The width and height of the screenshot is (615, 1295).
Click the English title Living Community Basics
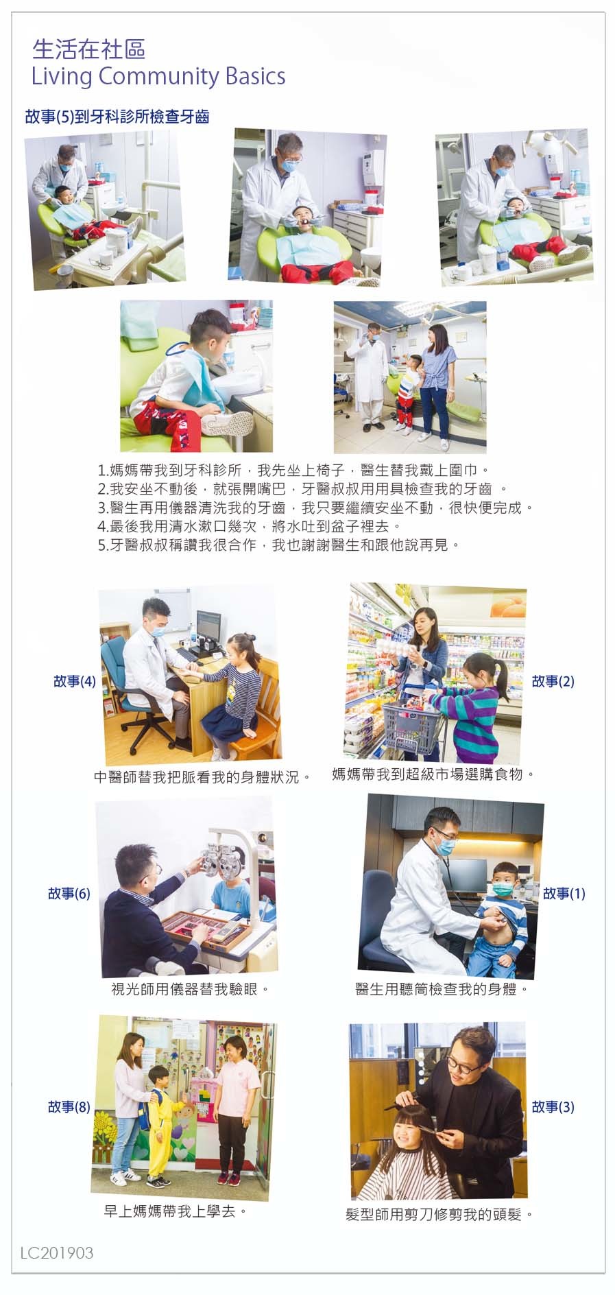coord(158,76)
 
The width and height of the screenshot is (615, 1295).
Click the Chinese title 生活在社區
coord(89,49)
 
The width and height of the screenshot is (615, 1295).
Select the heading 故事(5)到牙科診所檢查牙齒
coord(117,117)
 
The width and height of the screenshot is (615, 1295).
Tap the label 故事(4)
coord(75,681)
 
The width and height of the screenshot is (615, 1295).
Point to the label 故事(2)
coord(553,681)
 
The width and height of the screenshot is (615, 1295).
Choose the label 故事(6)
coord(69,893)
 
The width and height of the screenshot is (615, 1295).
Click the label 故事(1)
coord(564,893)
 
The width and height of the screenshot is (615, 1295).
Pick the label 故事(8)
coord(69,1106)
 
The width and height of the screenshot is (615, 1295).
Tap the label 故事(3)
coord(553,1106)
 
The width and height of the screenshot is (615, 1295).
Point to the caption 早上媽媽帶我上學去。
coord(176,1211)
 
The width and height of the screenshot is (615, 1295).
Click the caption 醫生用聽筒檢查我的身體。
coord(443,988)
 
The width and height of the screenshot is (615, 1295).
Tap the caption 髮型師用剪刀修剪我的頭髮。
coord(439,1214)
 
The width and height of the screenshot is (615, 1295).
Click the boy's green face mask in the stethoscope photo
coord(504,890)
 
